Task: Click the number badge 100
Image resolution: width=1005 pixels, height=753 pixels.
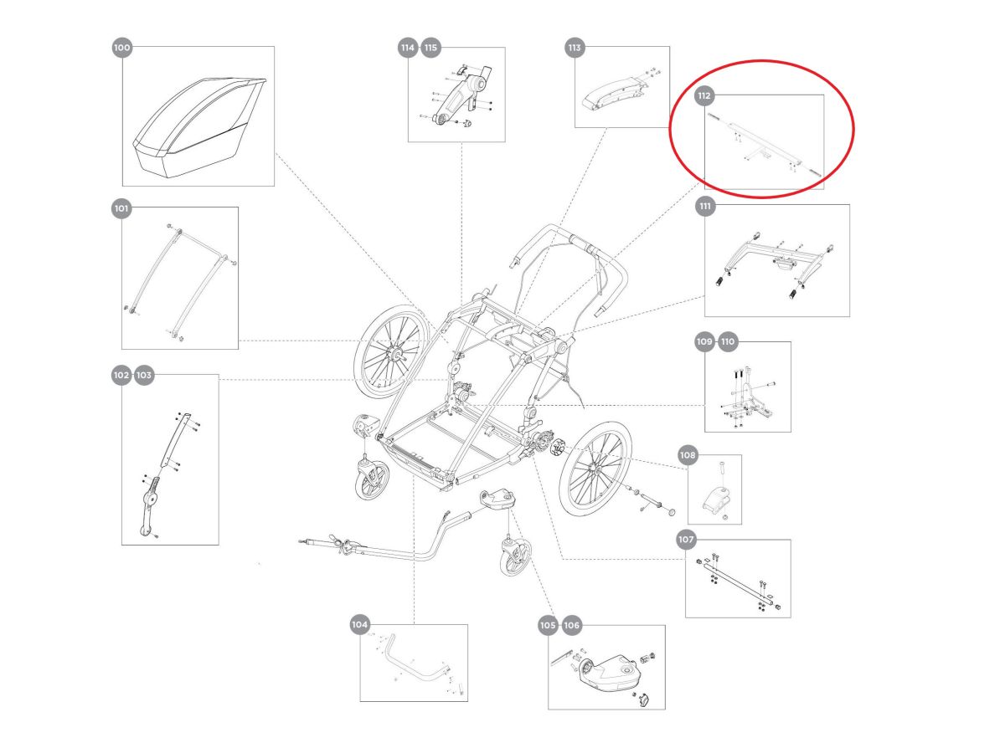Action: pyautogui.click(x=121, y=49)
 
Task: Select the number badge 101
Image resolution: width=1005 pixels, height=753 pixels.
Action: pyautogui.click(x=121, y=207)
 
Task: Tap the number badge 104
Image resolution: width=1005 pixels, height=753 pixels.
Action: pyautogui.click(x=359, y=624)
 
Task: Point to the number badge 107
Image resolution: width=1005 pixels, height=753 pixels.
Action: pyautogui.click(x=686, y=540)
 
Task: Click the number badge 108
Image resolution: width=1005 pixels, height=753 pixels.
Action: pyautogui.click(x=688, y=456)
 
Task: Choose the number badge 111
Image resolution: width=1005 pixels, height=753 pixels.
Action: pyautogui.click(x=705, y=205)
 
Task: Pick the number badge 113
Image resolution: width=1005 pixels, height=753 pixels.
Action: pyautogui.click(x=574, y=49)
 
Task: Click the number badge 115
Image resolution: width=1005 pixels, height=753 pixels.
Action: pyautogui.click(x=430, y=49)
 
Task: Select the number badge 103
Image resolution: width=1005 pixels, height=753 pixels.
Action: pyautogui.click(x=144, y=376)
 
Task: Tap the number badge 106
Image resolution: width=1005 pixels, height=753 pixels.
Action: pyautogui.click(x=571, y=625)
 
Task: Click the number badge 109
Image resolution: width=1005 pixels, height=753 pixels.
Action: pyautogui.click(x=704, y=342)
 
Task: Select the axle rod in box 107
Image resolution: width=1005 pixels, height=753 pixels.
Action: pyautogui.click(x=737, y=582)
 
